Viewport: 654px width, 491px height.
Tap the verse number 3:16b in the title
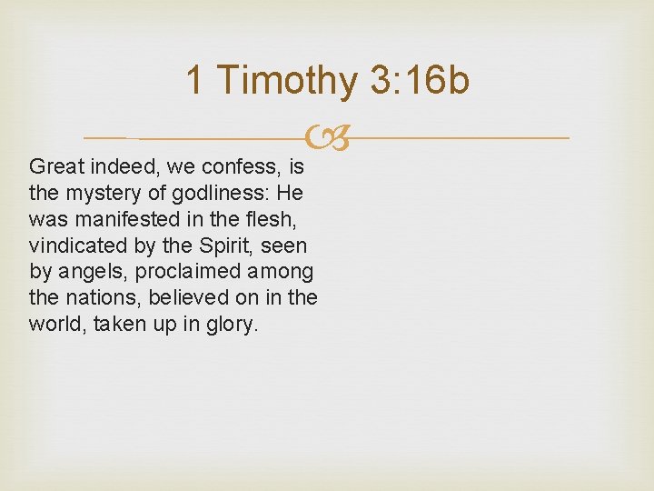(420, 80)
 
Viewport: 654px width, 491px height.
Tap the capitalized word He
(292, 194)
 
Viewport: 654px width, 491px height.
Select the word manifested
(122, 220)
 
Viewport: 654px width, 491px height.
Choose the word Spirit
(219, 246)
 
